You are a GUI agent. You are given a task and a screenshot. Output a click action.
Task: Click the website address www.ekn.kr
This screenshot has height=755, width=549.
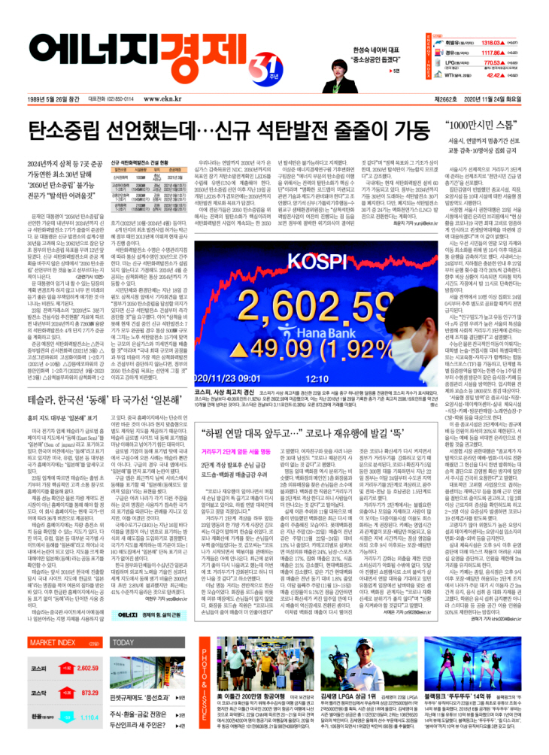click(x=161, y=99)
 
